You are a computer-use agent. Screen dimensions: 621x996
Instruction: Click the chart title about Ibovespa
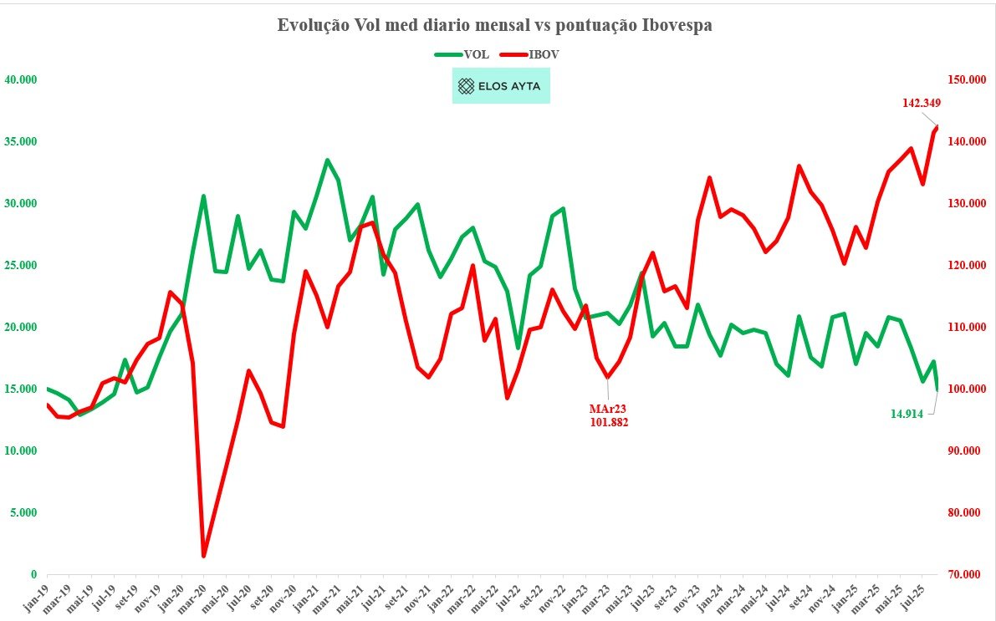pyautogui.click(x=494, y=26)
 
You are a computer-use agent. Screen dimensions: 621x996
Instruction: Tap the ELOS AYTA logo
pyautogui.click(x=501, y=86)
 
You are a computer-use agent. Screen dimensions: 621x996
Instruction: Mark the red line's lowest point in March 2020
pyautogui.click(x=204, y=556)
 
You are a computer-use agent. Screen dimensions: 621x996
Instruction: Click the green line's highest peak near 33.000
pyautogui.click(x=327, y=160)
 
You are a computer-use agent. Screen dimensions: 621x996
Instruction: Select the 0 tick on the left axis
pyautogui.click(x=34, y=575)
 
